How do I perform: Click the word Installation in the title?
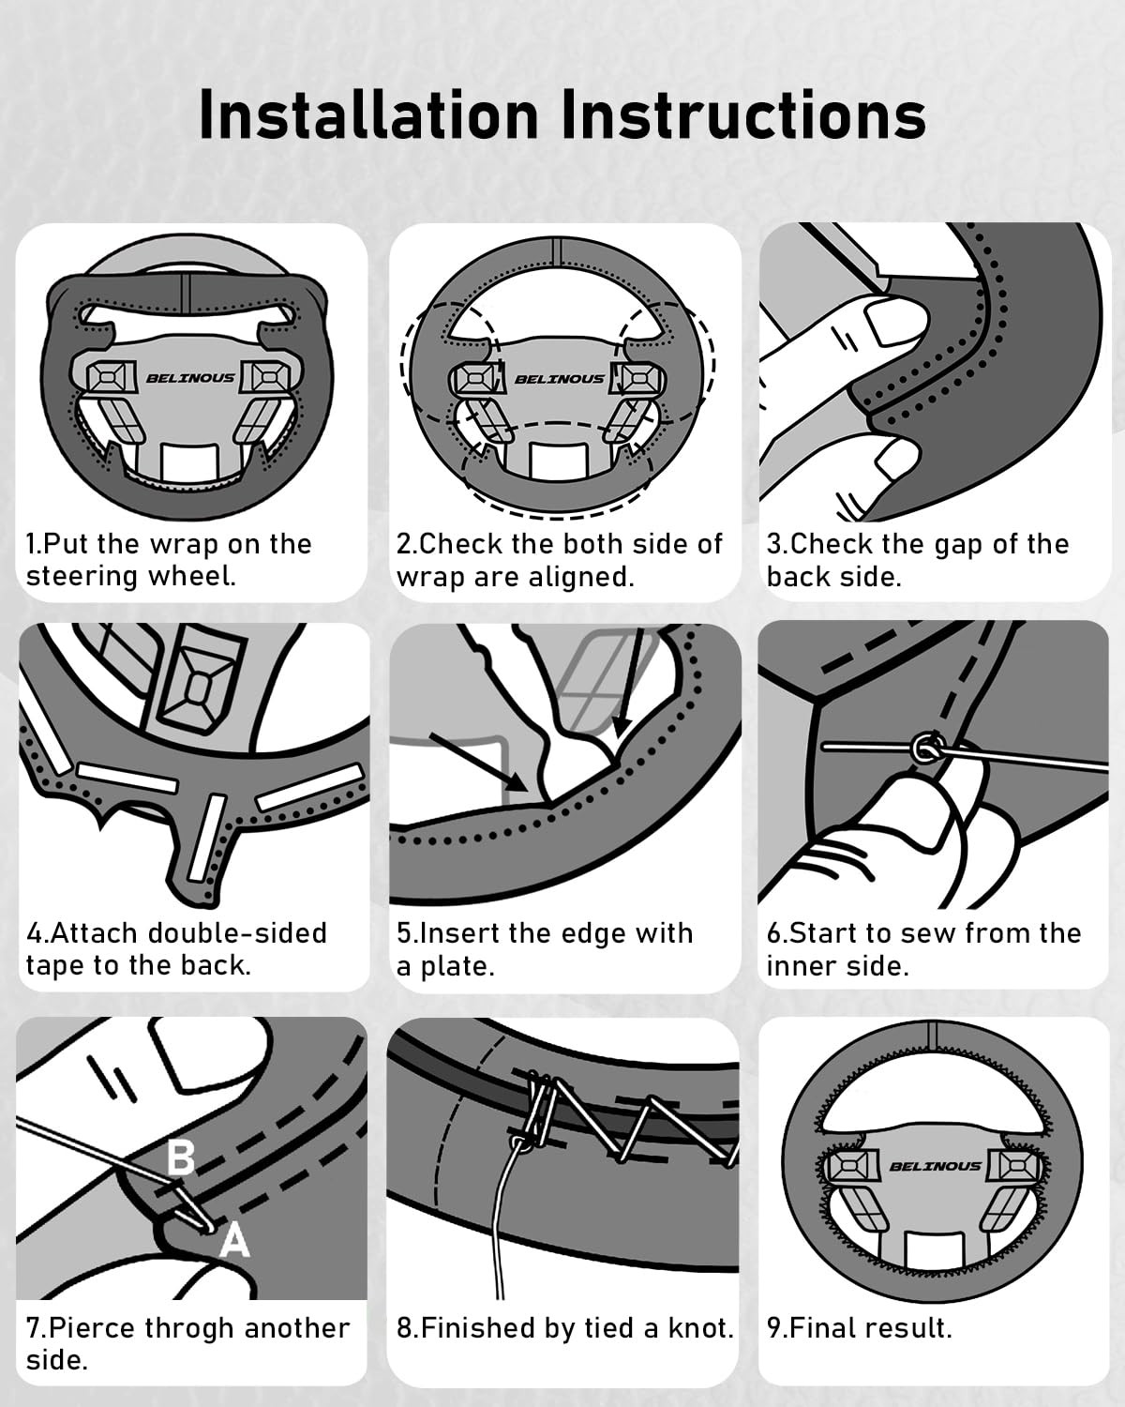[x=368, y=115]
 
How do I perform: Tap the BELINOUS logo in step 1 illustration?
[x=189, y=378]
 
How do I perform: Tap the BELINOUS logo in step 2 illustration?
[x=560, y=379]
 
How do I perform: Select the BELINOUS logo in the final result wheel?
[x=935, y=1166]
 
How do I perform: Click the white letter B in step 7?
[x=180, y=1157]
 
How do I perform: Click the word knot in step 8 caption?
[x=700, y=1328]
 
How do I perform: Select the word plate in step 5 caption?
[x=457, y=966]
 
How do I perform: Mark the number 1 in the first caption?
[x=31, y=544]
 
